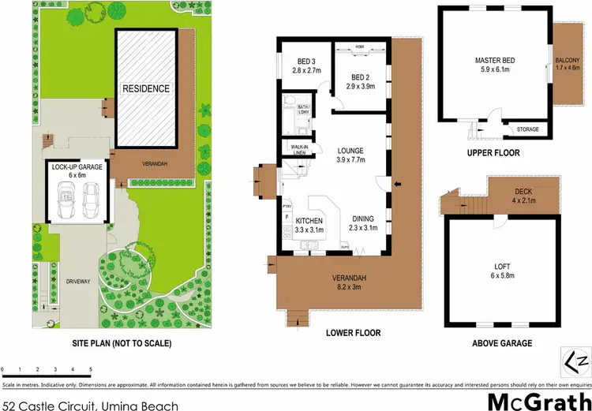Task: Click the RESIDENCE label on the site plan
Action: tap(146, 88)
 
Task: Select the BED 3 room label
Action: tap(298, 62)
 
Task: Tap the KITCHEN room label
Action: tap(310, 220)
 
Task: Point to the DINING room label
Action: tap(362, 220)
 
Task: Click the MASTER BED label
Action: tap(495, 60)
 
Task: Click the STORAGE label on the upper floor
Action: tap(527, 129)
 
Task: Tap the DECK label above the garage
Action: tap(524, 191)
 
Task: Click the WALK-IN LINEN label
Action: tap(300, 150)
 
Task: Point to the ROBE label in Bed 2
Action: tap(360, 47)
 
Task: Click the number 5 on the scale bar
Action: tap(91, 369)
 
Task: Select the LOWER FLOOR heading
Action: tap(353, 333)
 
